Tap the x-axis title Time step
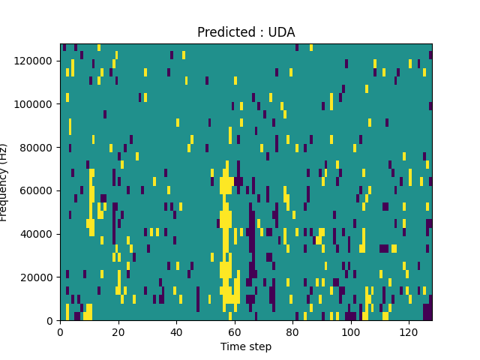[x=246, y=346]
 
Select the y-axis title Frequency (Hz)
[x=4, y=182]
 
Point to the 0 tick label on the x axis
[x=60, y=331]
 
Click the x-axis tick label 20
[x=118, y=331]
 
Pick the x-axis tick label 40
[x=176, y=331]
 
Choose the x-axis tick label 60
[x=235, y=331]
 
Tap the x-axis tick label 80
[x=292, y=331]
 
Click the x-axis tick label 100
[x=350, y=331]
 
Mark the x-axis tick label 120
[x=409, y=331]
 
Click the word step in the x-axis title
[x=259, y=347]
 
